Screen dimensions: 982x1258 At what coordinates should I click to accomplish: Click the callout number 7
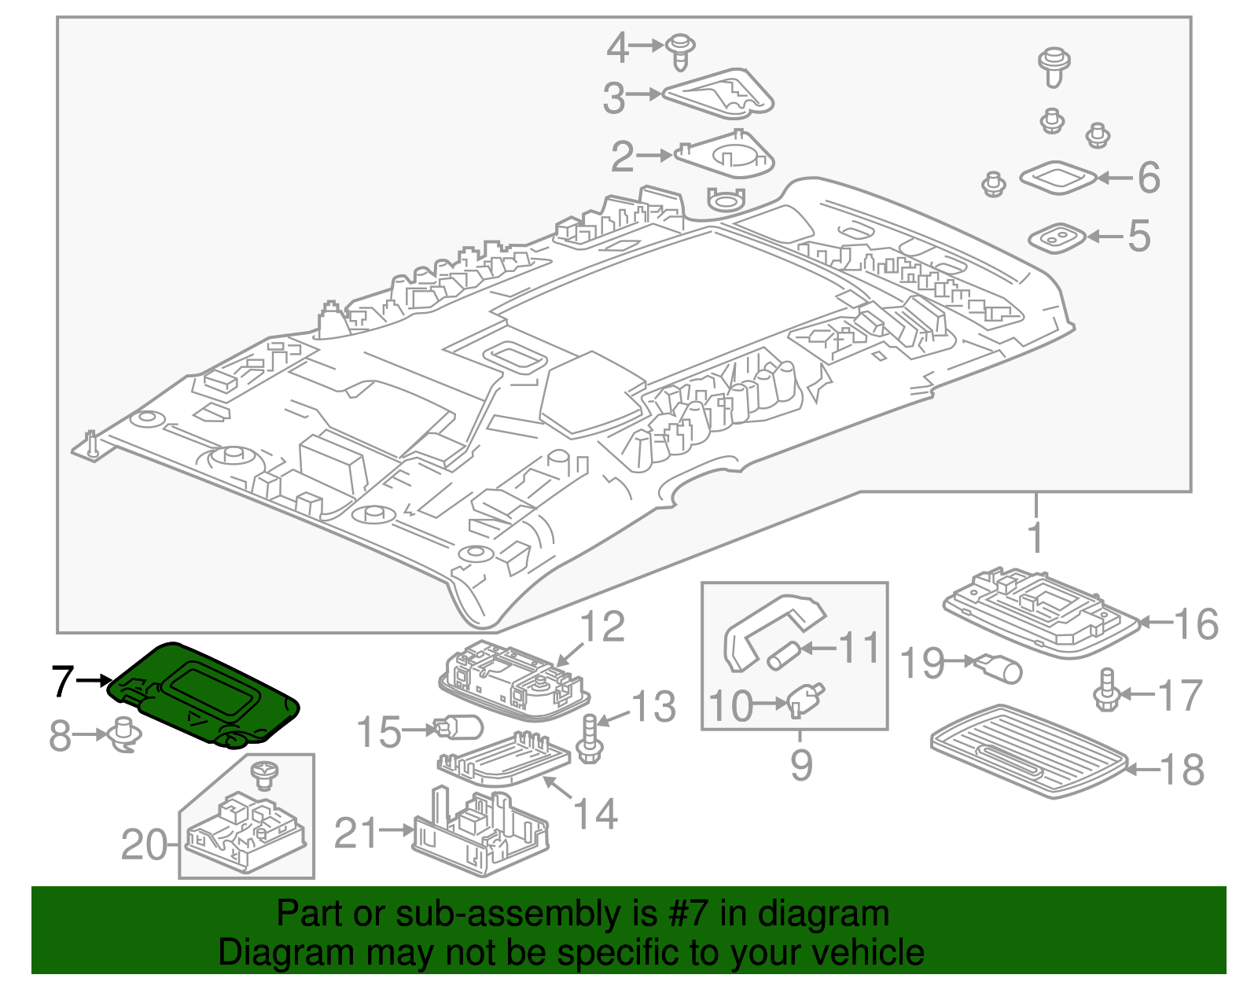tap(63, 681)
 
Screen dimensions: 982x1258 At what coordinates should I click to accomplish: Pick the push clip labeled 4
tap(680, 50)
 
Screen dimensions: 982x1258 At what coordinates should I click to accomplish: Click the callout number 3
tap(614, 97)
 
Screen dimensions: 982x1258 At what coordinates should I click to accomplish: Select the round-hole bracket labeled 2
tap(725, 156)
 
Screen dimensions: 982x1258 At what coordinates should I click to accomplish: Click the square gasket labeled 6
tap(1058, 178)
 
